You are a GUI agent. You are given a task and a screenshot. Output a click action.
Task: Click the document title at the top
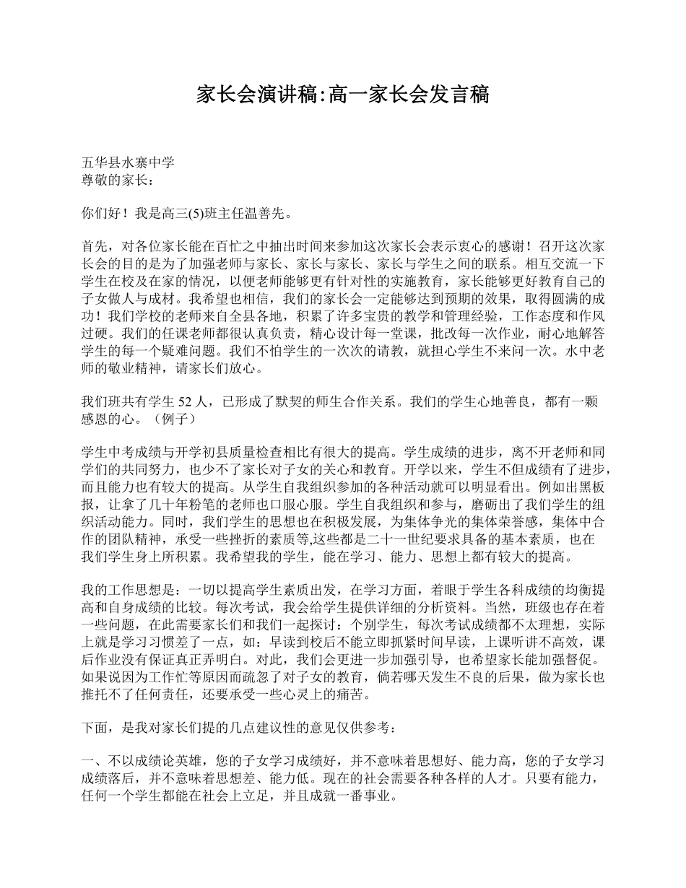click(x=343, y=94)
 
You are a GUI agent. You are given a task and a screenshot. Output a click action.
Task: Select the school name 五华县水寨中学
click(x=128, y=163)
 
